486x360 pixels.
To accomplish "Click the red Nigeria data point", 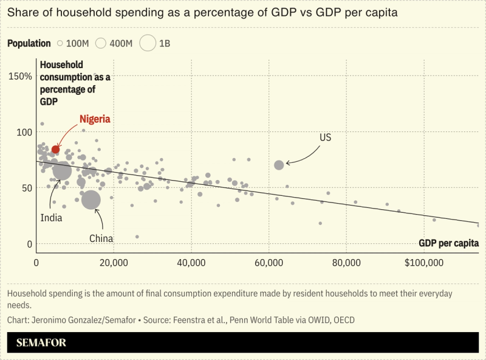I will tap(55, 149).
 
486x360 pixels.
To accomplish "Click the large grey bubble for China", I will tap(91, 199).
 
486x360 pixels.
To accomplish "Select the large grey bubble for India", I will tap(62, 171).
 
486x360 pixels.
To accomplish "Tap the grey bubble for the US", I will tap(279, 165).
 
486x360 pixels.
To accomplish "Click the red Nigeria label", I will tap(95, 119).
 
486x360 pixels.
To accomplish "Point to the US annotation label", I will tap(326, 138).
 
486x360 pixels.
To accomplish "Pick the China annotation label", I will tap(101, 238).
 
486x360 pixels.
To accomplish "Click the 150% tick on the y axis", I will tap(20, 76).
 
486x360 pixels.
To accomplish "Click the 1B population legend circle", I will tap(148, 43).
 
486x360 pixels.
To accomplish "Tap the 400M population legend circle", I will tap(101, 43).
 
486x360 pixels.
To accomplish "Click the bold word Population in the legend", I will tap(29, 43).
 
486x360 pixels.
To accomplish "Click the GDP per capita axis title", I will tap(448, 243).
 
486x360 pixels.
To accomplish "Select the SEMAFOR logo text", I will tap(41, 342).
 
